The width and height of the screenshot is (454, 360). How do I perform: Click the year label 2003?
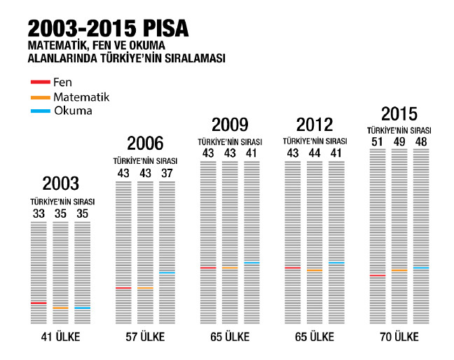point(61,184)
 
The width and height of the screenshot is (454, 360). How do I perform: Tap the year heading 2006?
point(145,144)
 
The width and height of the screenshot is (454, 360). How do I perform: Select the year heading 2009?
point(230,125)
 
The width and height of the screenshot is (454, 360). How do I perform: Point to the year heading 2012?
point(315,125)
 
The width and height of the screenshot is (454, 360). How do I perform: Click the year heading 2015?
point(399,113)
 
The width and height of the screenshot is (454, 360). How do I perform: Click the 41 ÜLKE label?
point(61,337)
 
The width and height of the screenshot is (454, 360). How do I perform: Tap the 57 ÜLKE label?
point(145,337)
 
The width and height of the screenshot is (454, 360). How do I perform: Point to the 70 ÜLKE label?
point(399,337)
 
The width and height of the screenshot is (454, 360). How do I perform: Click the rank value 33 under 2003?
point(39,213)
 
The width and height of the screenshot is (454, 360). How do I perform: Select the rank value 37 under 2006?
point(166,172)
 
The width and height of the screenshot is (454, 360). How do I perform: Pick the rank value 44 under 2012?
point(315,153)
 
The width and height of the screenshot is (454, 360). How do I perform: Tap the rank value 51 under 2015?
point(377,142)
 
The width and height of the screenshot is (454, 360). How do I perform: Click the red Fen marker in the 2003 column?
point(39,303)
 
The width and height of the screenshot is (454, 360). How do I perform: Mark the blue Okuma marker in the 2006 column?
point(166,272)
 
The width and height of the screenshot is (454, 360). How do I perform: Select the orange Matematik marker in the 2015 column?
point(399,270)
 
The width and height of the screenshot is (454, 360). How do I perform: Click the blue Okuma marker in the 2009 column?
point(252,263)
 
